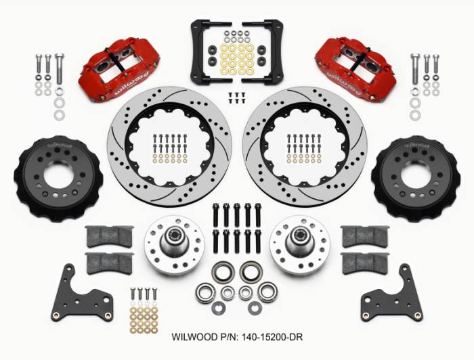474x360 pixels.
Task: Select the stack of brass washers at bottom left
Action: pos(144,318)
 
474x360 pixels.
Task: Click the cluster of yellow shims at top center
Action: pos(237,58)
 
